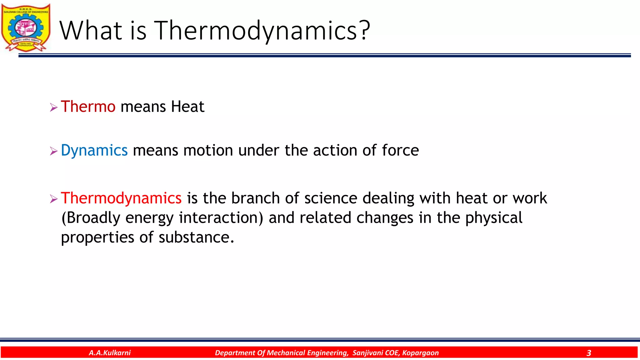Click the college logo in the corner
point(26,27)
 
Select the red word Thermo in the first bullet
point(88,107)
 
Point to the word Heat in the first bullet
point(187,107)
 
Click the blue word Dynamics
point(94,150)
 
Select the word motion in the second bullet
point(208,150)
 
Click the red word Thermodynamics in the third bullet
point(121,198)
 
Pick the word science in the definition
point(331,198)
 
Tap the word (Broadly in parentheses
point(91,218)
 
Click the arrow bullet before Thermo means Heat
point(54,108)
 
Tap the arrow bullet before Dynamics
point(54,152)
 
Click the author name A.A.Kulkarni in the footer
point(110,353)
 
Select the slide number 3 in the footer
point(589,353)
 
